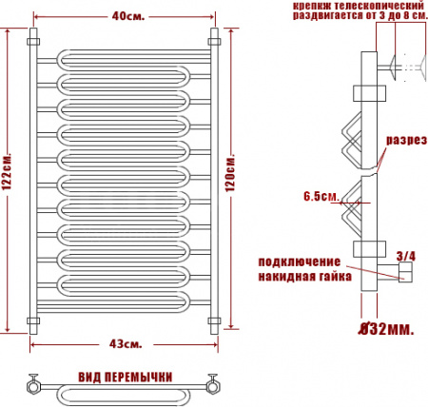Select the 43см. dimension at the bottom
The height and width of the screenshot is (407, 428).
point(126,342)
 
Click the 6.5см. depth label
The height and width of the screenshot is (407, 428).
point(321,197)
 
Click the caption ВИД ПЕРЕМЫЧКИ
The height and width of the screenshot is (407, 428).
point(126,377)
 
